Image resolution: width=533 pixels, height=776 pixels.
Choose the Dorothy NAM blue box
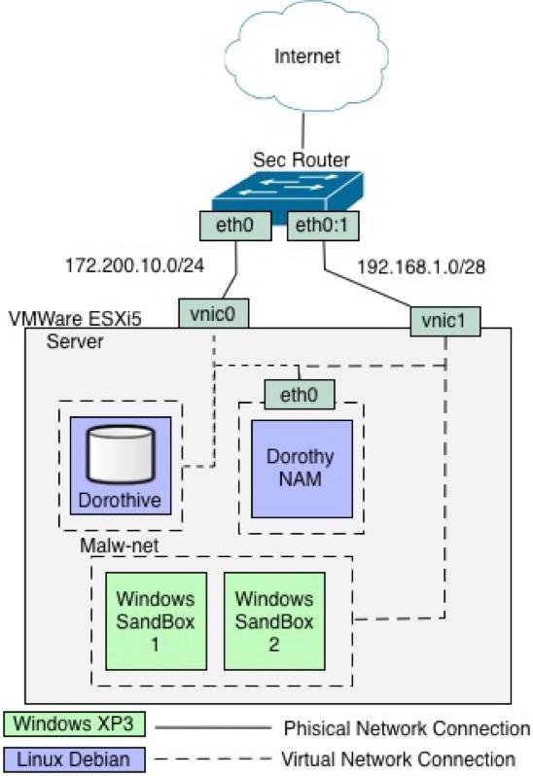tap(300, 468)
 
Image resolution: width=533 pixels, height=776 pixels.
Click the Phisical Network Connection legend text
tap(406, 728)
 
